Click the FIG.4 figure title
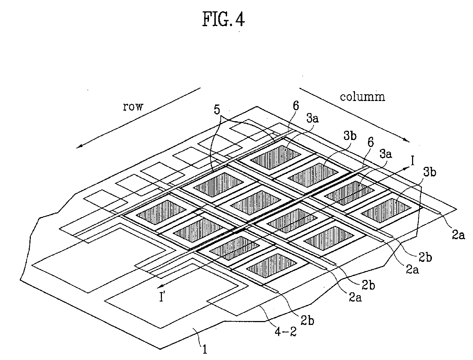(x=224, y=20)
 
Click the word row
(x=133, y=107)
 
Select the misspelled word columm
(x=362, y=96)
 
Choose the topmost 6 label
(x=295, y=106)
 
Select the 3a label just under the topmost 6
(x=312, y=119)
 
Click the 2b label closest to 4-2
(x=307, y=320)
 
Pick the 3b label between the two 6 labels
(x=349, y=136)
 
